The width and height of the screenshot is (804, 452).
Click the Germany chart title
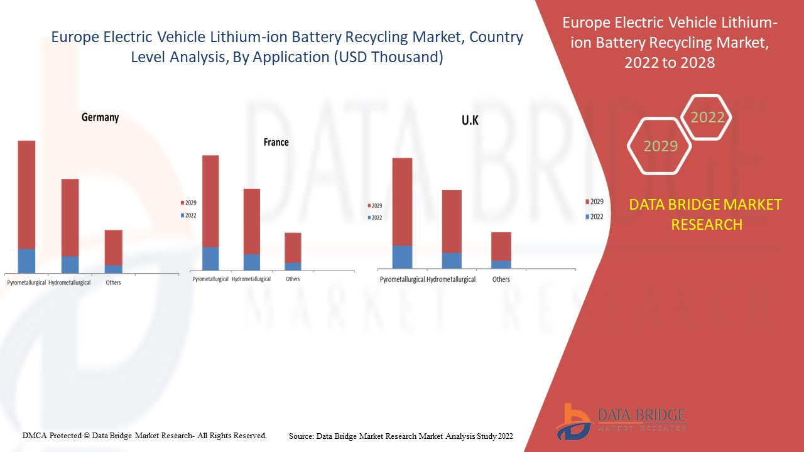(100, 117)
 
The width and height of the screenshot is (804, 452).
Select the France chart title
(276, 143)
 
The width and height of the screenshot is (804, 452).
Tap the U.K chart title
(470, 121)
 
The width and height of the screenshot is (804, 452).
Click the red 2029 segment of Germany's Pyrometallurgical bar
(26, 195)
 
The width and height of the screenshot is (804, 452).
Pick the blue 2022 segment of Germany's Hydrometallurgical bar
(70, 265)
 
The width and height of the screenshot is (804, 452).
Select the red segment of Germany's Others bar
(113, 247)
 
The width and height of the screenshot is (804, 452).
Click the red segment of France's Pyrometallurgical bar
(210, 201)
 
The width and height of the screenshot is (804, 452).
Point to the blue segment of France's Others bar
(293, 267)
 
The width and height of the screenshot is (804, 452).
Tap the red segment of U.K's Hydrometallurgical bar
(452, 221)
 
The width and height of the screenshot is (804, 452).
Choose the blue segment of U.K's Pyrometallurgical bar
(402, 257)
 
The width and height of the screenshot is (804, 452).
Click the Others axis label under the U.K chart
(501, 279)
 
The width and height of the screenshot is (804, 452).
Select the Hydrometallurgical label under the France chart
(251, 279)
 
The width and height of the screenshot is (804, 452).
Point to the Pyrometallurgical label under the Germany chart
(26, 282)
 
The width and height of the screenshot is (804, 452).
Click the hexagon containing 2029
(660, 146)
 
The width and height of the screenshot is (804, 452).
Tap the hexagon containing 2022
(707, 117)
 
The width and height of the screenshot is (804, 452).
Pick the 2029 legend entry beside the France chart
(189, 203)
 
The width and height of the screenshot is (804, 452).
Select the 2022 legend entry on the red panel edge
(594, 217)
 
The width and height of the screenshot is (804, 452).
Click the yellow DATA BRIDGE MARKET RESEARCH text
(706, 214)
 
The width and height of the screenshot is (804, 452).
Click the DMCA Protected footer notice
(144, 435)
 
